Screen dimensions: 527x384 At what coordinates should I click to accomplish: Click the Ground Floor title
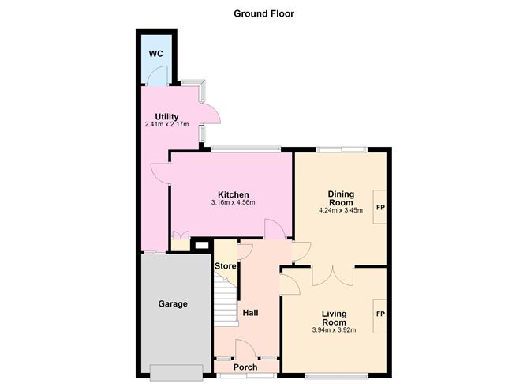[x=263, y=13]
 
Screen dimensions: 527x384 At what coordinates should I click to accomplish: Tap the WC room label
[x=156, y=54]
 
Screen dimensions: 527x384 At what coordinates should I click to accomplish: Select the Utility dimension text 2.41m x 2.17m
[x=166, y=125]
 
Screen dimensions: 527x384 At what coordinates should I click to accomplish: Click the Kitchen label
[x=234, y=194]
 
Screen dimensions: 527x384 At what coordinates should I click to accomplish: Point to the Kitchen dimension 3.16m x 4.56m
[x=234, y=202]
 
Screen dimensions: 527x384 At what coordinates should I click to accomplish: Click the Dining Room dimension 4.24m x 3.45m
[x=341, y=211]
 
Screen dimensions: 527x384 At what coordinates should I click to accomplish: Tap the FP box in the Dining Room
[x=379, y=207]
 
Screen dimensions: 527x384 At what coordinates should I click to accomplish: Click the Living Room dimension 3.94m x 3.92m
[x=334, y=330]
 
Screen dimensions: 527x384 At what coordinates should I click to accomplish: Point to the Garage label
[x=173, y=304]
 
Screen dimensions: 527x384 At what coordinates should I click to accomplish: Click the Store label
[x=225, y=266]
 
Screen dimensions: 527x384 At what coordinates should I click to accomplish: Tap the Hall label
[x=250, y=313]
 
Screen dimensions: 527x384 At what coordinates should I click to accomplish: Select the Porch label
[x=245, y=367]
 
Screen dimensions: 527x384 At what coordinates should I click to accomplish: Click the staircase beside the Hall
[x=226, y=299]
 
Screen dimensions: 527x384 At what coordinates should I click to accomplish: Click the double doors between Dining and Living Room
[x=333, y=277]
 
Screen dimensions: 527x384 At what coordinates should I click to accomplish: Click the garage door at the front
[x=177, y=372]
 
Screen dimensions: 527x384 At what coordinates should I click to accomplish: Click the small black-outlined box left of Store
[x=202, y=246]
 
